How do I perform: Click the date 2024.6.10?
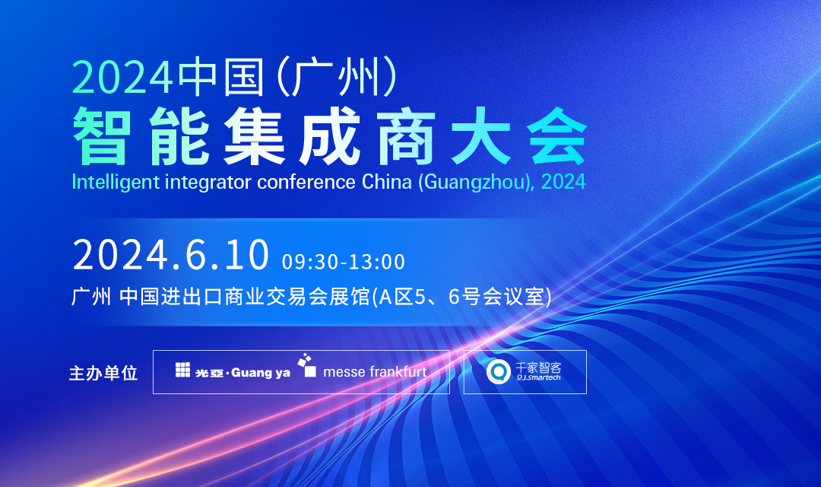171,255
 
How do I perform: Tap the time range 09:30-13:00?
344,262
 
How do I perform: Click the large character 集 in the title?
252,139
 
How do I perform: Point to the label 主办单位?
103,374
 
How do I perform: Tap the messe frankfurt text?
375,372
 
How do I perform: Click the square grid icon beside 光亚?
183,371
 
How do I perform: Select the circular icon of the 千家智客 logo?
499,371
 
